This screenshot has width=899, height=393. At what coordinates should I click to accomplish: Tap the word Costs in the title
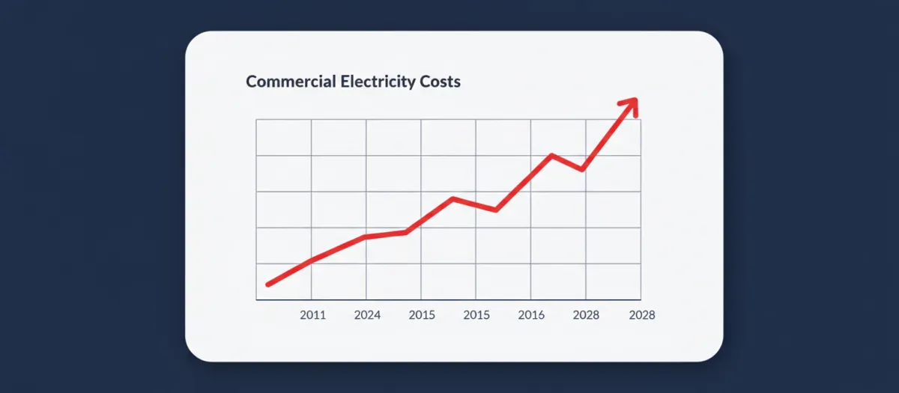438,81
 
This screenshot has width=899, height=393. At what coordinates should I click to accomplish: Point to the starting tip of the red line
268,284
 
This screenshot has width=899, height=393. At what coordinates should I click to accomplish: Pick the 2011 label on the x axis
312,315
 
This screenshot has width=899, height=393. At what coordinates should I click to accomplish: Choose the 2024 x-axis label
367,315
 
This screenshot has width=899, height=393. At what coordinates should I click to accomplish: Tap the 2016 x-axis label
531,315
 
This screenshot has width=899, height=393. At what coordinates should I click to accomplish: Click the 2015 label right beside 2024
422,315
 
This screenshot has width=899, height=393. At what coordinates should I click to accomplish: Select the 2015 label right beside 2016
476,315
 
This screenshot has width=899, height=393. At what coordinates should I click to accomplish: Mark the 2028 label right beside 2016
586,315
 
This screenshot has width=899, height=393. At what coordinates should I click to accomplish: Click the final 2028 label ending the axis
641,315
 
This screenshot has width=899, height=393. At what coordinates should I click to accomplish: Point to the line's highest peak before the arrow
551,155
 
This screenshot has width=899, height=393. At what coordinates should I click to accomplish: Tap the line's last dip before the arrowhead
582,170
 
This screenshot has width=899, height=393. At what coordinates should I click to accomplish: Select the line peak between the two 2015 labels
452,198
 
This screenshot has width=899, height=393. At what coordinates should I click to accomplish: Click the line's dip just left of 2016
496,210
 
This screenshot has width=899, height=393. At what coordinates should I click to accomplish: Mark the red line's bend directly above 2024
366,237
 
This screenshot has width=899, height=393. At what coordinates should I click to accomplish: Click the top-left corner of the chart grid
256,120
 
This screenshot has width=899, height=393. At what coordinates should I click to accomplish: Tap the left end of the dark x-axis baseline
256,300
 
